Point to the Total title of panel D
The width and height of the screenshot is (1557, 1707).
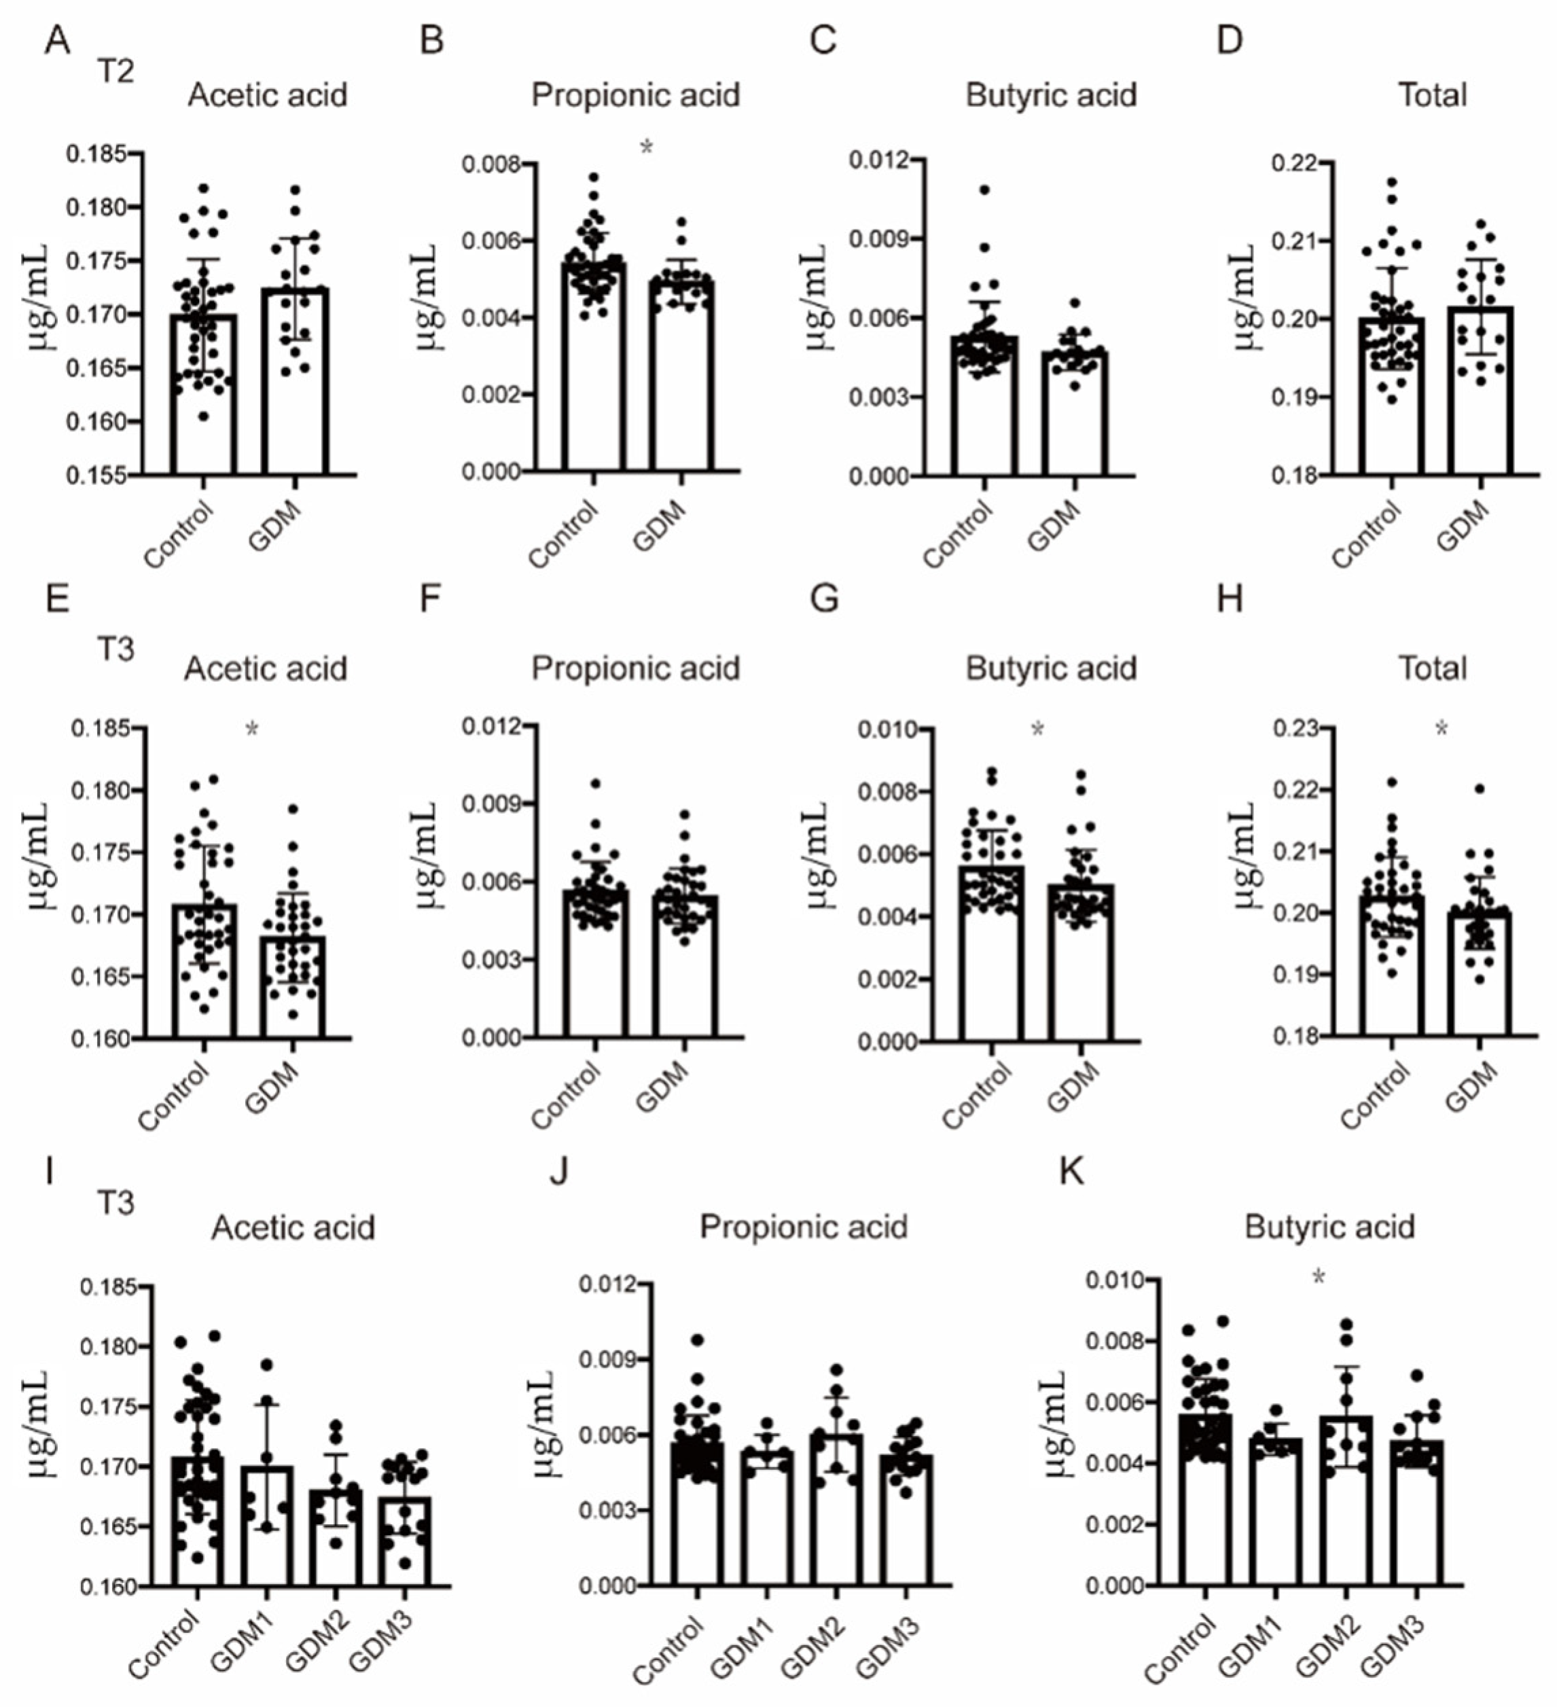point(1432,96)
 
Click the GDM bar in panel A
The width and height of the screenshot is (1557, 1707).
point(293,381)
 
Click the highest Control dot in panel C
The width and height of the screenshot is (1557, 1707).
point(984,190)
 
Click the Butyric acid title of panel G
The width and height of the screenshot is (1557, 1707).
point(1051,669)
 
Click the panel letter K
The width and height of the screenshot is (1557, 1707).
point(1071,1172)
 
